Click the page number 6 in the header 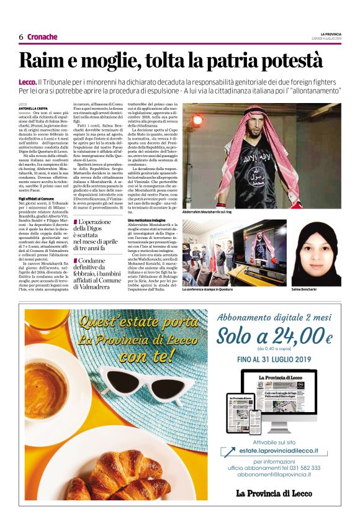[21, 37]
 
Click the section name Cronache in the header [42, 37]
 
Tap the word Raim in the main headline [42, 60]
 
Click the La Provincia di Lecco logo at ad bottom [276, 493]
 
